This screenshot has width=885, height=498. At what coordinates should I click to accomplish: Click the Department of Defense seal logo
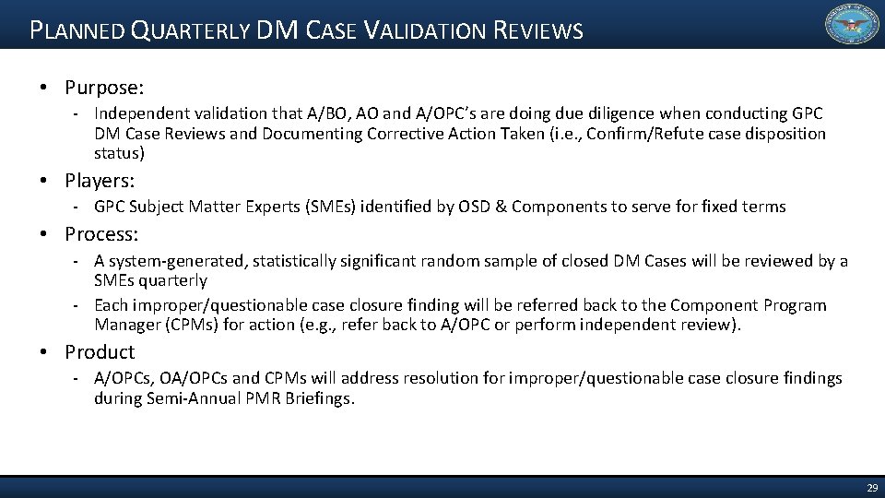click(850, 25)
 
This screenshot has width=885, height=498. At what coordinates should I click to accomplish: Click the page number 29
click(871, 486)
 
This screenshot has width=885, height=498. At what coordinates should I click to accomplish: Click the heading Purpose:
click(104, 88)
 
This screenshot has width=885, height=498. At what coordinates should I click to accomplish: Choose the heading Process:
click(101, 234)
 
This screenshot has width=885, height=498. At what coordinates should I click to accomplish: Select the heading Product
click(100, 351)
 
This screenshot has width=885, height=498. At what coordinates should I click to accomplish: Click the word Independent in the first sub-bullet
click(139, 113)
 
